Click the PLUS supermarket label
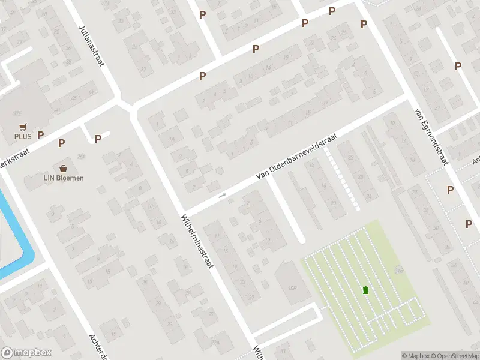click(23, 137)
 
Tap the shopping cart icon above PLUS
click(23, 127)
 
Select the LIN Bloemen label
click(63, 178)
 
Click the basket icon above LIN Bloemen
click(63, 169)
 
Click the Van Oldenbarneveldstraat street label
click(296, 156)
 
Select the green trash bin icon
click(365, 290)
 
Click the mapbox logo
click(26, 353)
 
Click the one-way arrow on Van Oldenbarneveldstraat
click(222, 195)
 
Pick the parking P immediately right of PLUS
click(41, 136)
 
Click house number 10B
click(293, 289)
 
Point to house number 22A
click(215, 341)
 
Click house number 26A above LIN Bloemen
click(80, 156)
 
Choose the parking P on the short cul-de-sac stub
click(98, 139)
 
